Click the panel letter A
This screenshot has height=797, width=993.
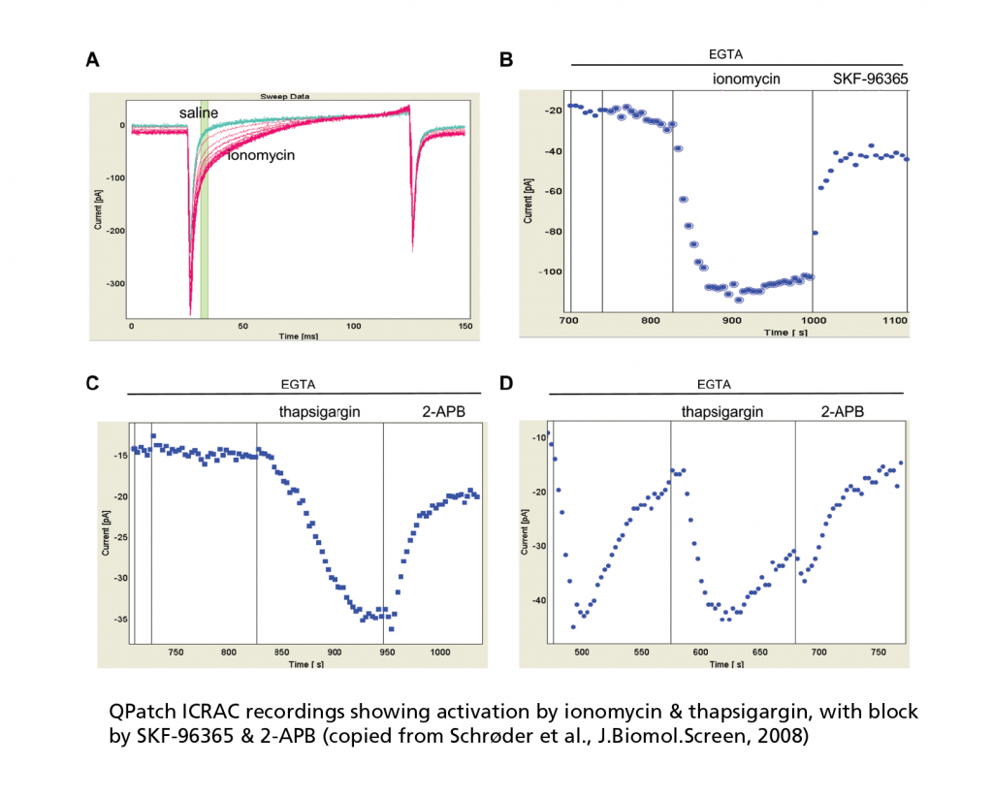(x=92, y=60)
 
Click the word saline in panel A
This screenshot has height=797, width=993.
(x=198, y=113)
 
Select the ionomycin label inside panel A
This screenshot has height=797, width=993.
(x=262, y=154)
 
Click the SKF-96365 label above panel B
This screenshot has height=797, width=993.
(x=870, y=79)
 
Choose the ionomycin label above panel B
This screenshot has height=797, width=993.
(x=742, y=79)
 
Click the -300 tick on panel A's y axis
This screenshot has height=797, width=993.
(x=116, y=284)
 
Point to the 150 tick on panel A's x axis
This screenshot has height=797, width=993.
(x=464, y=327)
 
